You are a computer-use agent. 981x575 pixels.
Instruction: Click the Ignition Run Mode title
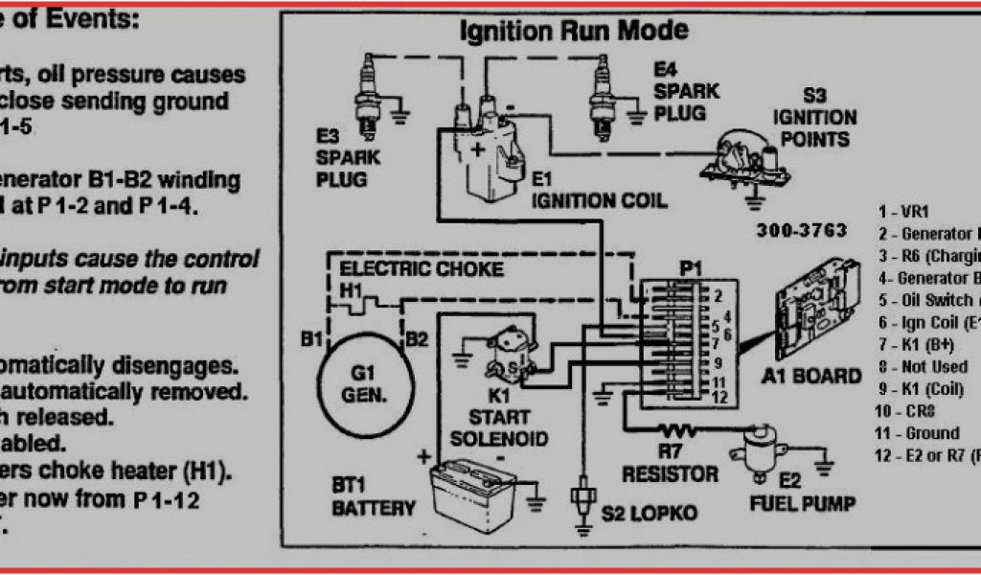(574, 31)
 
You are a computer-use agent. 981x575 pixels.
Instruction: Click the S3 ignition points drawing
(746, 158)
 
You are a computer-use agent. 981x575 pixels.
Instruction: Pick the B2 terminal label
(416, 337)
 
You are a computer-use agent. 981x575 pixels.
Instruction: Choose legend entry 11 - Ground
(921, 432)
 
